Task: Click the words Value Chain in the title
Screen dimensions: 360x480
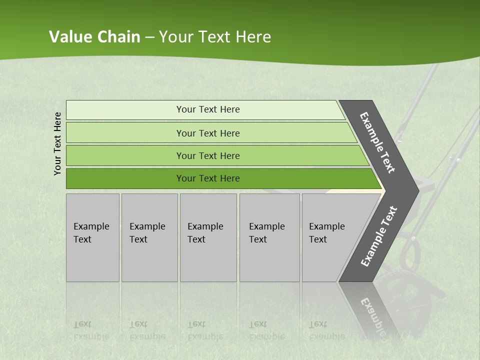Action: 94,37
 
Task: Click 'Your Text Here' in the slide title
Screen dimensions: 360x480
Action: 215,37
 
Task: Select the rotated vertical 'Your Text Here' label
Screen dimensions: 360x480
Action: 57,143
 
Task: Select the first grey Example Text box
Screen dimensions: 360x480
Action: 92,237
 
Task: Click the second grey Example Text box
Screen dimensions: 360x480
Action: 149,237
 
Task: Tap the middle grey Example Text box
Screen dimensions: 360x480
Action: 208,237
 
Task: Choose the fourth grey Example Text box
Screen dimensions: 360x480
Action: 269,237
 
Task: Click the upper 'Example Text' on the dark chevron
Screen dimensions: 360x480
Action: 377,142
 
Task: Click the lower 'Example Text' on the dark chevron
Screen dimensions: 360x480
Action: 378,236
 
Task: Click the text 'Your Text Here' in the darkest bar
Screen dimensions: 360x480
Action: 208,178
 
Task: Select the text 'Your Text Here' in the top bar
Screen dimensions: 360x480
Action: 208,109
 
